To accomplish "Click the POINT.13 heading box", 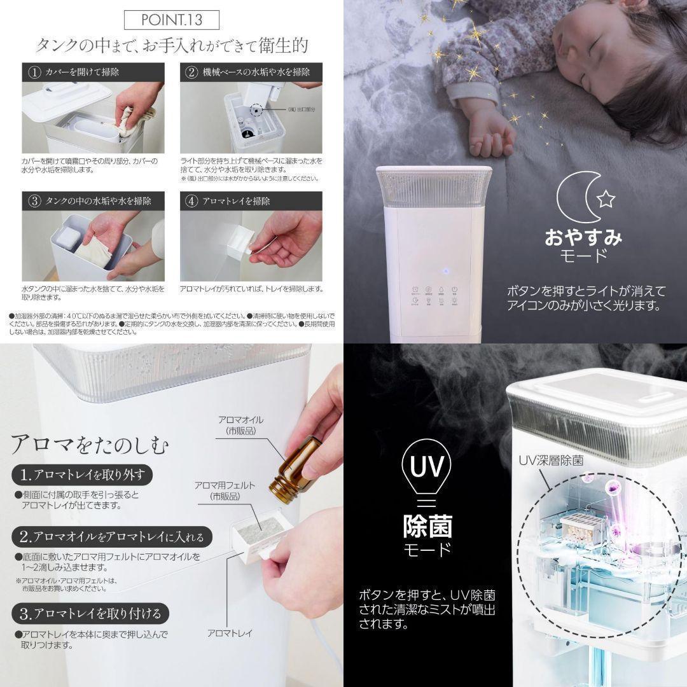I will (x=171, y=20).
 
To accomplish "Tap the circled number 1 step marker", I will (x=34, y=72).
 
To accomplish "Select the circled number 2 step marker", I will (x=192, y=72).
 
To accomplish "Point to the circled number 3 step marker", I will (x=34, y=201).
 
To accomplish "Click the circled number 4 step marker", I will (x=192, y=201).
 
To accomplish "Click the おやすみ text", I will (x=582, y=238).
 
